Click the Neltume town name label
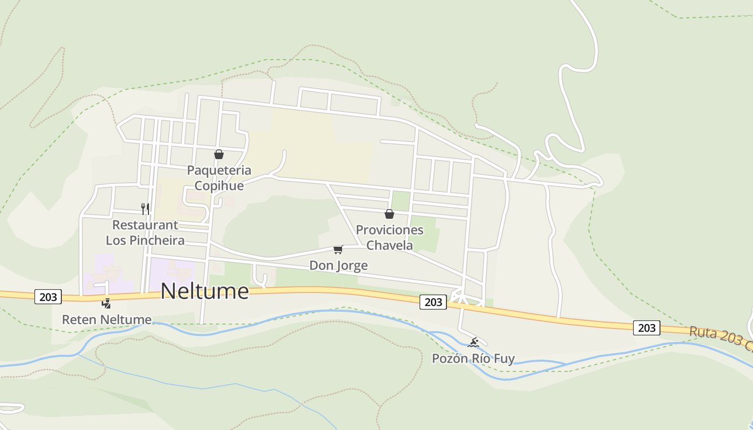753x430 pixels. click(x=204, y=291)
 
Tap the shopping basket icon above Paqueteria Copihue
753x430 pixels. click(x=219, y=155)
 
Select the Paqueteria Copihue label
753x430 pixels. click(x=219, y=178)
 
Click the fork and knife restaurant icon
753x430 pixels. click(x=145, y=209)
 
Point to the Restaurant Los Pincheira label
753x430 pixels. click(x=145, y=232)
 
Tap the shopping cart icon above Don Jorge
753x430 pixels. click(x=338, y=249)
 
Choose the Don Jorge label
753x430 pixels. click(x=338, y=266)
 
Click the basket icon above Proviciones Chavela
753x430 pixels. click(x=389, y=214)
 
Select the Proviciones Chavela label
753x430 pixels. click(x=389, y=238)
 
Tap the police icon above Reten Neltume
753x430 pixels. click(x=106, y=304)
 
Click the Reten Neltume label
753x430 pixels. click(x=106, y=320)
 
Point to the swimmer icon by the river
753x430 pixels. click(x=473, y=342)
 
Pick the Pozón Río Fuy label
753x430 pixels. click(x=473, y=359)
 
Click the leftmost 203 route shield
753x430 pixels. click(x=48, y=297)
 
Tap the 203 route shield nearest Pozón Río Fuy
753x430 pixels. click(x=433, y=302)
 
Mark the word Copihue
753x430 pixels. click(x=219, y=186)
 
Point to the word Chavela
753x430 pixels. click(x=389, y=246)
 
